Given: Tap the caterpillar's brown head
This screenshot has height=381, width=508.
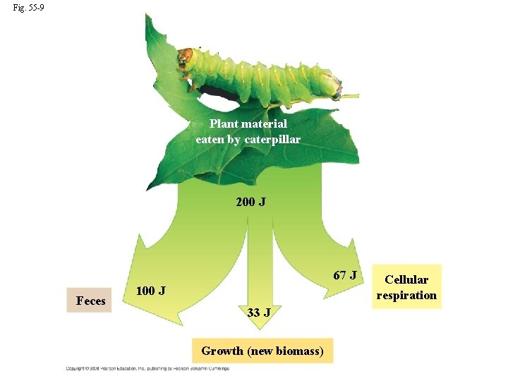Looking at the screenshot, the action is (x=186, y=56).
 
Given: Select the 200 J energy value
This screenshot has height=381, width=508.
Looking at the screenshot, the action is (x=250, y=202).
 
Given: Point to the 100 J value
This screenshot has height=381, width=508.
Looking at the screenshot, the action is (x=150, y=291).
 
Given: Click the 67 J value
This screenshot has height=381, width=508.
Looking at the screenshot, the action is (x=346, y=274).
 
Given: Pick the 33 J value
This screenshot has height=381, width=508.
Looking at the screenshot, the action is (x=259, y=312).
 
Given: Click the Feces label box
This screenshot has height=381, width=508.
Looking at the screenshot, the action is (x=90, y=301).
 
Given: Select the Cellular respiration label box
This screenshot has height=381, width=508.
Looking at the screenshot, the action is (x=406, y=287).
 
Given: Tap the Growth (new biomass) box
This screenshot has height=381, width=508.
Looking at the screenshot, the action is (x=262, y=351).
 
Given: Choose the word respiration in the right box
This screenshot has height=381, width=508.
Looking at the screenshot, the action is (x=406, y=295).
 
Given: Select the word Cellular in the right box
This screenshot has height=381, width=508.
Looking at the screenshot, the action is (x=406, y=279).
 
